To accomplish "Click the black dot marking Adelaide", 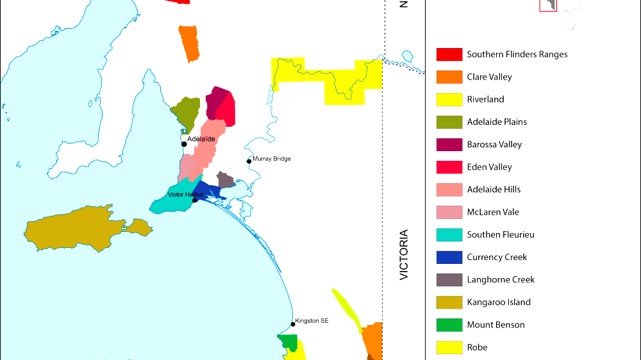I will pyautogui.click(x=184, y=143).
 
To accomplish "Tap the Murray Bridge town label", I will pyautogui.click(x=272, y=159).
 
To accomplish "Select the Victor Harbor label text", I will pyautogui.click(x=185, y=194).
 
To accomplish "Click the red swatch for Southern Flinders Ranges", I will pyautogui.click(x=449, y=54).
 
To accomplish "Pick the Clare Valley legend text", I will pyautogui.click(x=489, y=77).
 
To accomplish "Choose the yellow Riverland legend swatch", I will pyautogui.click(x=449, y=99).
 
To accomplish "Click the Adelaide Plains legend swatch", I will pyautogui.click(x=449, y=122).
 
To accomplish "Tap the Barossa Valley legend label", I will pyautogui.click(x=494, y=145).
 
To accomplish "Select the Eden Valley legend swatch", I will pyautogui.click(x=449, y=167).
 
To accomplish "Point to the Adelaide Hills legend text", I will pyautogui.click(x=494, y=190).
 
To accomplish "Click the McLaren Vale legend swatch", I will pyautogui.click(x=449, y=212).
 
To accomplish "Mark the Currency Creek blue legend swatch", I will pyautogui.click(x=449, y=257).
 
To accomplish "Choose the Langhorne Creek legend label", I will pyautogui.click(x=501, y=279).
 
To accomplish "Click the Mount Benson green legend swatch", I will pyautogui.click(x=449, y=325).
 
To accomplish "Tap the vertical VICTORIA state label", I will pyautogui.click(x=403, y=254).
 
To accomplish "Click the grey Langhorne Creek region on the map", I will pyautogui.click(x=226, y=179).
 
